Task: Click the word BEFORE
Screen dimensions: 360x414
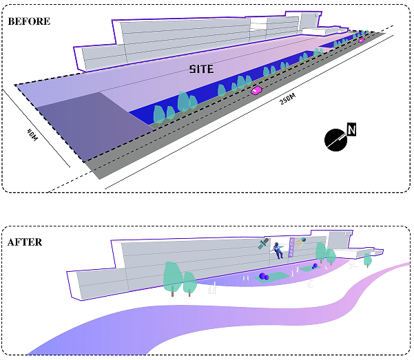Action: tap(29, 21)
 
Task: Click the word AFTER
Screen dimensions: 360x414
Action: tap(25, 242)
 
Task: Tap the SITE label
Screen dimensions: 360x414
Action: tap(202, 69)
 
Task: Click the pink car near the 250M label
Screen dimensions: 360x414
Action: tap(256, 90)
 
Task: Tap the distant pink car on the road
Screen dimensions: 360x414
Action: tap(361, 41)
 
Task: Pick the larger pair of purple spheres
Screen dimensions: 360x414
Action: tap(264, 277)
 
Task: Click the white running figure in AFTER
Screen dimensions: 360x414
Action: tap(351, 264)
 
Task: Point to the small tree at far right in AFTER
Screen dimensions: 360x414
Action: tap(367, 260)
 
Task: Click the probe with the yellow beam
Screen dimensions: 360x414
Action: tap(301, 242)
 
